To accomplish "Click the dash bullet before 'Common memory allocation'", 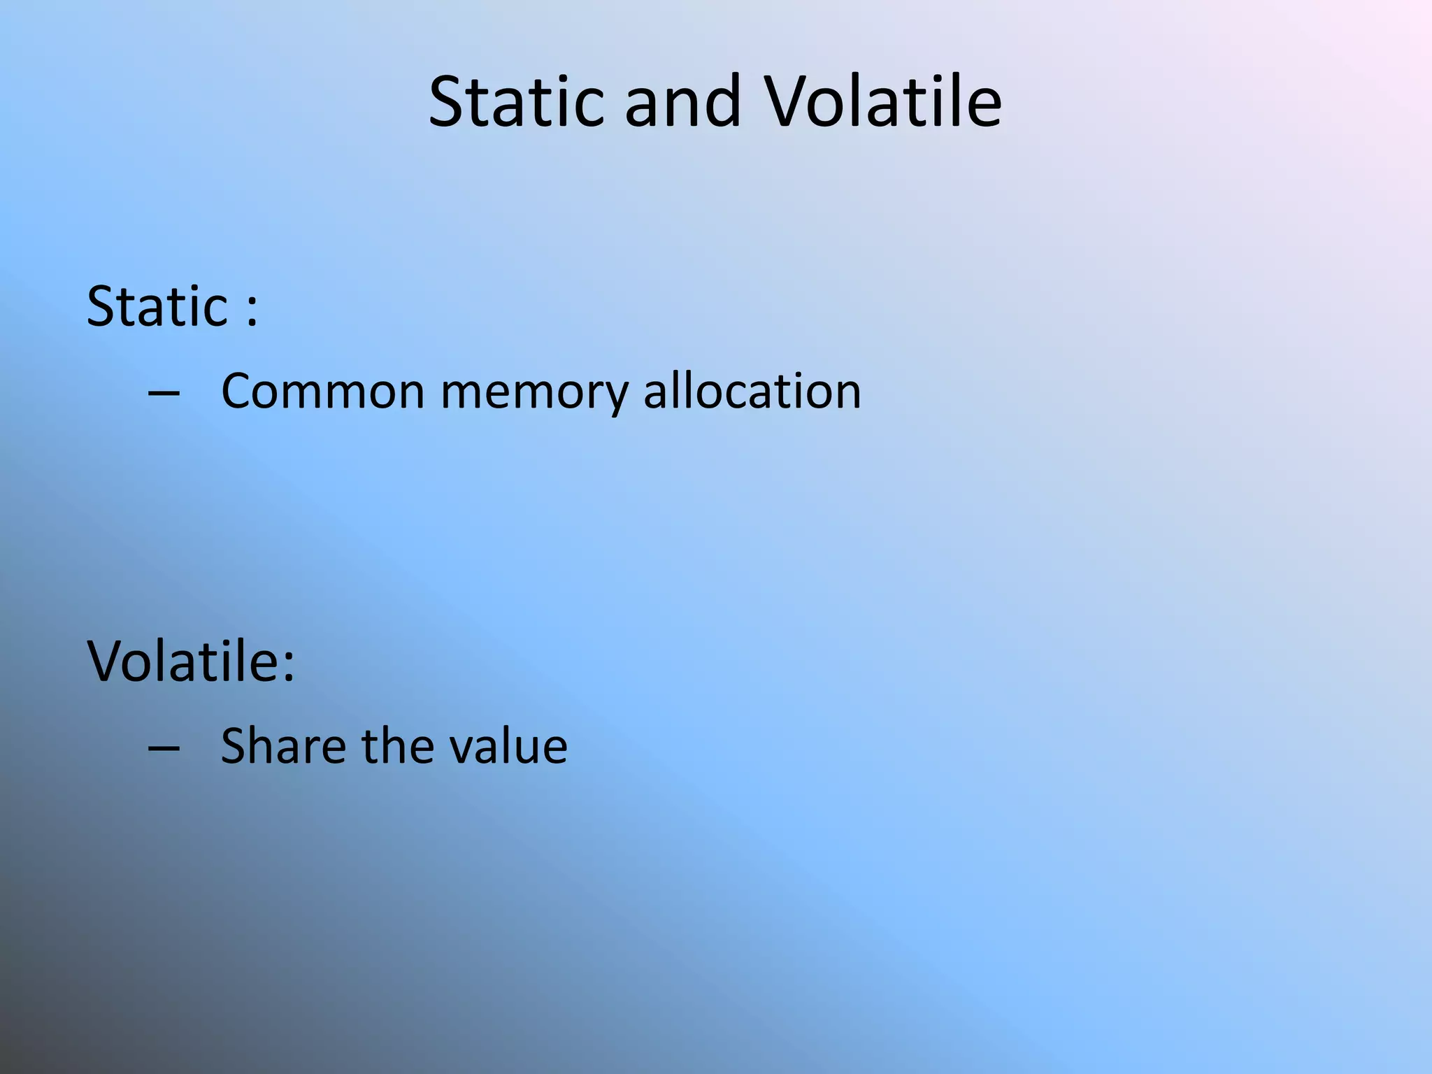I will tap(164, 394).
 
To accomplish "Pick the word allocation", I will tap(752, 392).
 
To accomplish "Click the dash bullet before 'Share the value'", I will tap(164, 748).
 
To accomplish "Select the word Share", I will tap(283, 746).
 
